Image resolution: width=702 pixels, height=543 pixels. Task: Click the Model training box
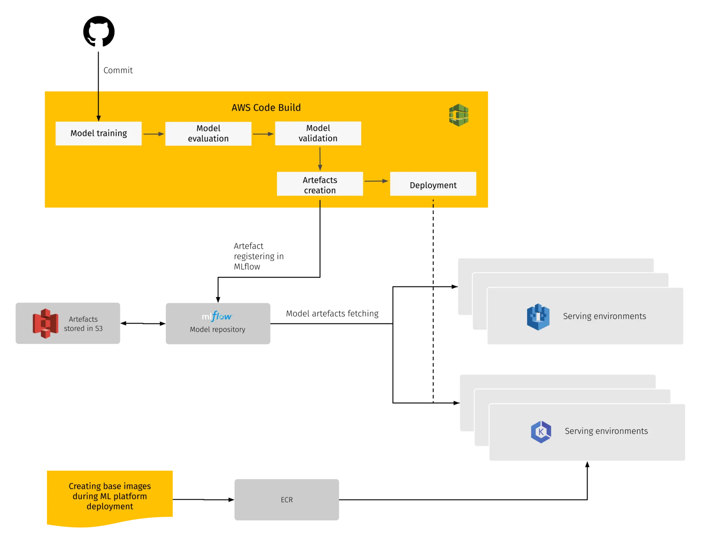coord(98,134)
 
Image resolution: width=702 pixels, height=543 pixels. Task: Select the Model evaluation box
coord(208,134)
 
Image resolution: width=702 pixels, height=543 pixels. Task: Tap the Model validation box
coord(318,133)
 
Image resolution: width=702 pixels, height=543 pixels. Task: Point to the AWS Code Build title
coord(266,108)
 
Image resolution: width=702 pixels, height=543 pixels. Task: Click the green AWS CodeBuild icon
coord(459,115)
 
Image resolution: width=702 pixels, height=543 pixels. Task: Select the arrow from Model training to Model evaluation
coord(153,134)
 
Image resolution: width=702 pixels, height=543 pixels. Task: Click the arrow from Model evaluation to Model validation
coord(263,134)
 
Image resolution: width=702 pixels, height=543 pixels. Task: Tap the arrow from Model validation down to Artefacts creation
coord(320,159)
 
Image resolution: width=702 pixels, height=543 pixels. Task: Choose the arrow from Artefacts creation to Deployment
coord(376,181)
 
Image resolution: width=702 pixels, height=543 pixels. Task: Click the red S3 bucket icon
coord(45,323)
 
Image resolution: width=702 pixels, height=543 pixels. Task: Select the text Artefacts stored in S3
coord(83,324)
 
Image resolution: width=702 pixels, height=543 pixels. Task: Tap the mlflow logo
coord(217,316)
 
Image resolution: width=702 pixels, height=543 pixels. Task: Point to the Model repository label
coord(217,329)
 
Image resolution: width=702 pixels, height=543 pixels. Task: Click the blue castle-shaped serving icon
coord(538,317)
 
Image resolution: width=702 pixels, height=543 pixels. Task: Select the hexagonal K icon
coord(541,432)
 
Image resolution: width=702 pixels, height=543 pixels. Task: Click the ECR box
coord(287,500)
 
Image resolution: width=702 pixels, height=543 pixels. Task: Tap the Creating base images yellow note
coord(110,496)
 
